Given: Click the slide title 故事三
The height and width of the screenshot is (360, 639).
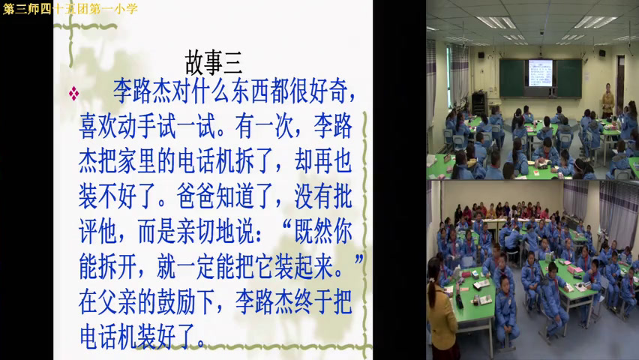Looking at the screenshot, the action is pos(214,63).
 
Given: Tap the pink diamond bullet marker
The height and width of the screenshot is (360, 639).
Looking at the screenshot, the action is pos(73,93).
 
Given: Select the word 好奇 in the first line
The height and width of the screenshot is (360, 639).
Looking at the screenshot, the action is pos(328,91).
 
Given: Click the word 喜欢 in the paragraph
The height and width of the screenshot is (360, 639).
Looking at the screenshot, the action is pos(98,127).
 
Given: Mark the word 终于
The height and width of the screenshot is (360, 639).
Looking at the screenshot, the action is pos(313,302).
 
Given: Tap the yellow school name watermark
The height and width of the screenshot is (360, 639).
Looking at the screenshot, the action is pos(70,8).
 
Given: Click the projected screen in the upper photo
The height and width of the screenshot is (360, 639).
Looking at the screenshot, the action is pos(541,73).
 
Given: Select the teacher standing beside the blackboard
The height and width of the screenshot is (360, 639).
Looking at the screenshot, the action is pos(608,100).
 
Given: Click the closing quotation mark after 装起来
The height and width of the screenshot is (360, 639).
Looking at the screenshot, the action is pos(358,260).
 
